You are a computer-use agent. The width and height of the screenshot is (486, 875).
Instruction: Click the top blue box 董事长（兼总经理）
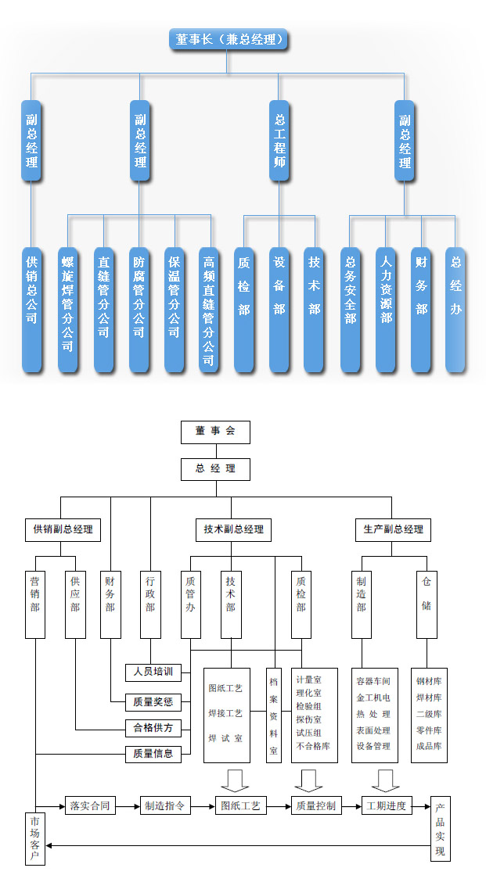(x=228, y=39)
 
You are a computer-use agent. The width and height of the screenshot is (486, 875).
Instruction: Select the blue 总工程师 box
(x=279, y=141)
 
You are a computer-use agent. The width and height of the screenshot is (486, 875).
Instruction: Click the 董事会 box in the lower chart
(x=215, y=432)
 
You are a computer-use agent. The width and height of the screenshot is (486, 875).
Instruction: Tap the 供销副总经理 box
(x=62, y=529)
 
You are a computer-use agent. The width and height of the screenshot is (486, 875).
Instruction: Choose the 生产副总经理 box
(x=393, y=529)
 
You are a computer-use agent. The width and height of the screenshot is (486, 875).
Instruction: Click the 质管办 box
(x=190, y=604)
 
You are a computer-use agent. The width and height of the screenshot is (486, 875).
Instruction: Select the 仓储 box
(x=426, y=604)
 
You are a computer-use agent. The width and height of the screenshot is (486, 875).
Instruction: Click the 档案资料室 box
(x=273, y=715)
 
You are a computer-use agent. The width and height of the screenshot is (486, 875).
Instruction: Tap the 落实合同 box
(x=90, y=805)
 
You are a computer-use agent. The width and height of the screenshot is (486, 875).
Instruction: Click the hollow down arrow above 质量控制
(x=308, y=780)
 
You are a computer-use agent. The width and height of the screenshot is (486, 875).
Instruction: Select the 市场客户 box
(x=35, y=837)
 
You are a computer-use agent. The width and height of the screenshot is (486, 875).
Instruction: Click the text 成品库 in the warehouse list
(x=429, y=746)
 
